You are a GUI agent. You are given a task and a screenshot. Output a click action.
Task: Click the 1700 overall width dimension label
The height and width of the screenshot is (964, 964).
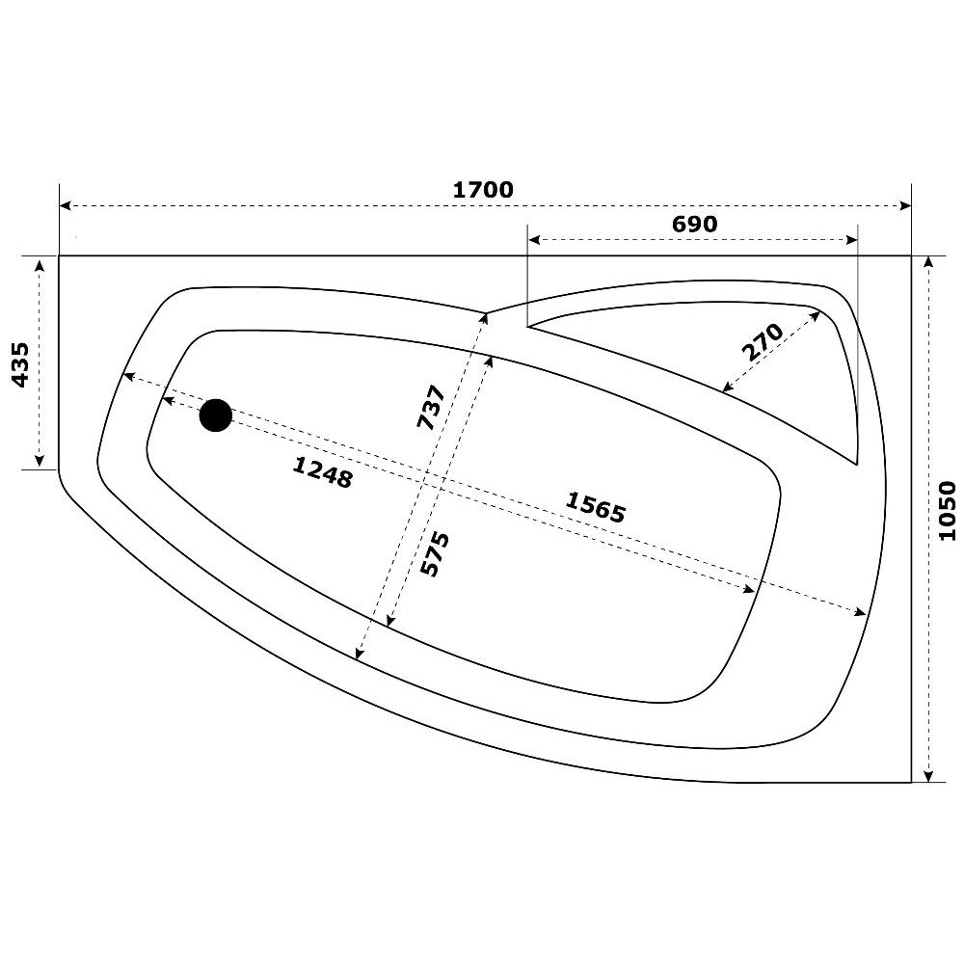pyautogui.click(x=483, y=189)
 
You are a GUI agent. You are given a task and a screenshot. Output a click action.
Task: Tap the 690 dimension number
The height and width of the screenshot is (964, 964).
pyautogui.click(x=694, y=224)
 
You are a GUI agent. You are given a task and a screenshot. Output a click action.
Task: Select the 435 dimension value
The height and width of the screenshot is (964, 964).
pyautogui.click(x=20, y=365)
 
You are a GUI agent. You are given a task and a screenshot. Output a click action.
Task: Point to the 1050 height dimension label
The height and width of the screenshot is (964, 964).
pyautogui.click(x=948, y=511)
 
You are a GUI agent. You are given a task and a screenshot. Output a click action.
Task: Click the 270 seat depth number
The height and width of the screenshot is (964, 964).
pyautogui.click(x=763, y=342)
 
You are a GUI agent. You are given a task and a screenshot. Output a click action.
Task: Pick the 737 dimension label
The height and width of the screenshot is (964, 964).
pyautogui.click(x=431, y=407)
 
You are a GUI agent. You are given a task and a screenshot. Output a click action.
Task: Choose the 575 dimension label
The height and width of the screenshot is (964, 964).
pyautogui.click(x=435, y=554)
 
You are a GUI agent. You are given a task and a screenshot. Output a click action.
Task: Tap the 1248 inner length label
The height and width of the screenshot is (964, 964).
pyautogui.click(x=322, y=472)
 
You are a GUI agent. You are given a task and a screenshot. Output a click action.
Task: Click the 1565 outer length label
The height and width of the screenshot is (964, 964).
pyautogui.click(x=595, y=507)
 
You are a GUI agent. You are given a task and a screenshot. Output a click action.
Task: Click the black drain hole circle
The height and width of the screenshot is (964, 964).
pyautogui.click(x=216, y=415)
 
